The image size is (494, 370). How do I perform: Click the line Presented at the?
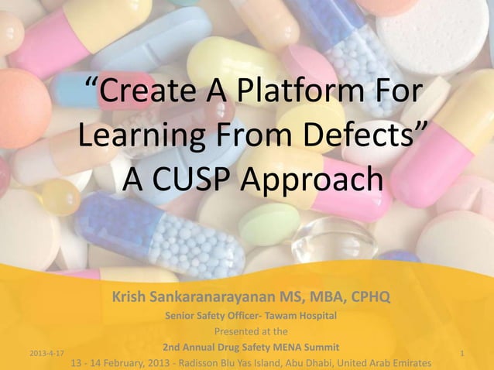click(250, 331)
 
